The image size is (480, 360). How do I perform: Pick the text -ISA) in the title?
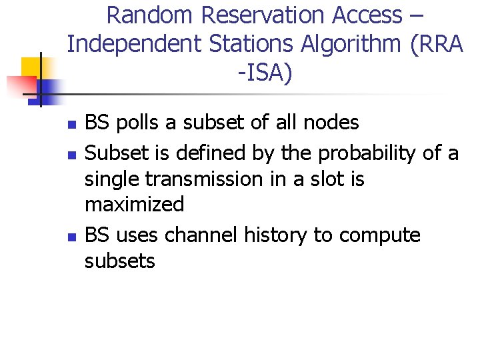click(265, 73)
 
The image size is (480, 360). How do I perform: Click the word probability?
click(369, 153)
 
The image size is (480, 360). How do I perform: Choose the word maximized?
click(134, 205)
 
